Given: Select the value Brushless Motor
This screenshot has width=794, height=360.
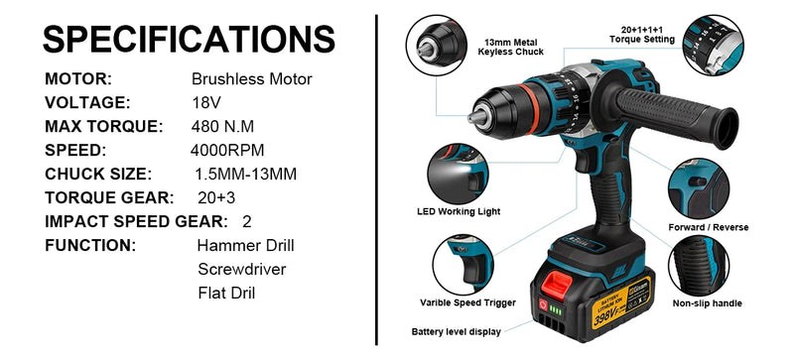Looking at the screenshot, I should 251,78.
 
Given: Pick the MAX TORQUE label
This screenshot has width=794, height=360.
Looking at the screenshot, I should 103,126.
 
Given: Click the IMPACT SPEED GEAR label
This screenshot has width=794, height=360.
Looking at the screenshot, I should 134,221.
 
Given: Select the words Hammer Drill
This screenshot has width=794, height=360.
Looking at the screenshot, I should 245,245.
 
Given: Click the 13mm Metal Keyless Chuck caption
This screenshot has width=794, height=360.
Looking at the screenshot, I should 512,47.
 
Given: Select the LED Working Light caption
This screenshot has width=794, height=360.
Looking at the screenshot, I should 458,211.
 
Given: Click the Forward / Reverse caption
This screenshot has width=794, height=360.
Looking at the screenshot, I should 709,227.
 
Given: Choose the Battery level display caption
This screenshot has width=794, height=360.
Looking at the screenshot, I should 456,331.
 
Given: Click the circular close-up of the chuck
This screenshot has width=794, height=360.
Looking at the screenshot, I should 434,46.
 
